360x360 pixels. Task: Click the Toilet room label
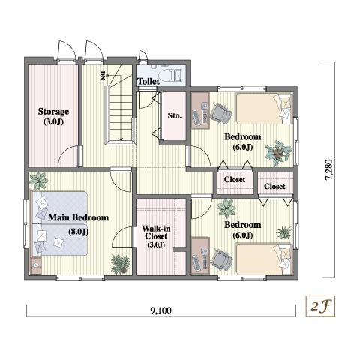(148, 81)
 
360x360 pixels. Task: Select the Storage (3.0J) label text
(53, 116)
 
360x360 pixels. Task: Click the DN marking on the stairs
(103, 75)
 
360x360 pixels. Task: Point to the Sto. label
(175, 115)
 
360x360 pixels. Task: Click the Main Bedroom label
(79, 217)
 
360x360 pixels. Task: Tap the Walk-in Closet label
(156, 236)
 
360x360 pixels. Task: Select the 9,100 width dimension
(161, 310)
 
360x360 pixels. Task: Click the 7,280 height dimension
(329, 169)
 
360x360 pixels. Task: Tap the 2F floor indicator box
(320, 306)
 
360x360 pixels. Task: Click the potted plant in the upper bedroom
(278, 153)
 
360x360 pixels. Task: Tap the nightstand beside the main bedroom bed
(35, 265)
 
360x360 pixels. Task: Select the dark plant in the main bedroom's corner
(120, 264)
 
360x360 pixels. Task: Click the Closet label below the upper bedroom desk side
(235, 179)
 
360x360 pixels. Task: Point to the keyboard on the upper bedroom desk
(196, 118)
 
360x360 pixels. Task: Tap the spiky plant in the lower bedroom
(284, 232)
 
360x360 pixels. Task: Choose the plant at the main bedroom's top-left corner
(38, 181)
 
